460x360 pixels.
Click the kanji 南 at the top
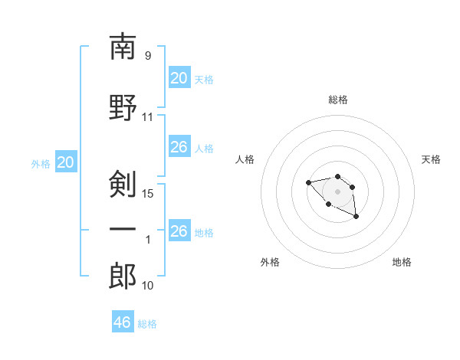[x=123, y=47]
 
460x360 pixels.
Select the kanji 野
[x=123, y=107]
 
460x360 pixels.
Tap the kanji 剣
[x=123, y=184]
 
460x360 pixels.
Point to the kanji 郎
[x=123, y=276]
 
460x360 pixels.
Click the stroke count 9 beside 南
[x=148, y=55]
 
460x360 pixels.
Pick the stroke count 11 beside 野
[x=147, y=117]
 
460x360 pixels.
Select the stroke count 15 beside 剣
[x=147, y=194]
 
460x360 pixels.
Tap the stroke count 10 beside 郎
[x=147, y=286]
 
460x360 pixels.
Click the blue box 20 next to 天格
[x=179, y=77]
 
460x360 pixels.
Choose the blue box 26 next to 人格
[x=179, y=146]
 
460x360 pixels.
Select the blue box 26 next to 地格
[x=179, y=230]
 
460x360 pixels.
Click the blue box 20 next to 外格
[x=66, y=162]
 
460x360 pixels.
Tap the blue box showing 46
[x=123, y=321]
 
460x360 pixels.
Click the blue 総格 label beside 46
[x=147, y=324]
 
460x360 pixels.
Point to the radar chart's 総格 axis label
[x=338, y=100]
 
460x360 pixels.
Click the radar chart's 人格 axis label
[x=245, y=159]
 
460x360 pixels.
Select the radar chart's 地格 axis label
[x=402, y=262]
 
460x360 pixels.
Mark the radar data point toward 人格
[x=308, y=182]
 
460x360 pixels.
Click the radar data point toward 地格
[x=356, y=216]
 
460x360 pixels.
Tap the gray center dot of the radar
[x=337, y=191]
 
